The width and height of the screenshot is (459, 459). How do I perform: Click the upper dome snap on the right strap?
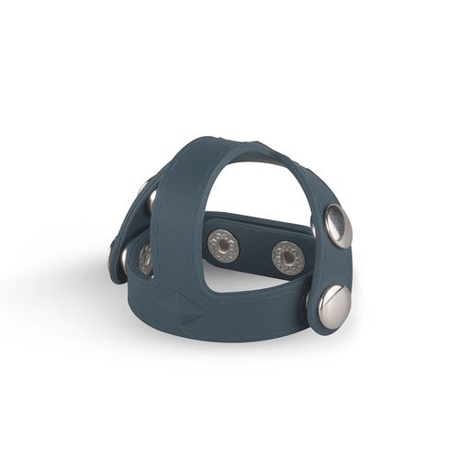(337, 226)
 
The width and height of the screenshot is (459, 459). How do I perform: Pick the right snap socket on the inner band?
(287, 258)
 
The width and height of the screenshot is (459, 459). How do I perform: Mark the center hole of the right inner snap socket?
(287, 258)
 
